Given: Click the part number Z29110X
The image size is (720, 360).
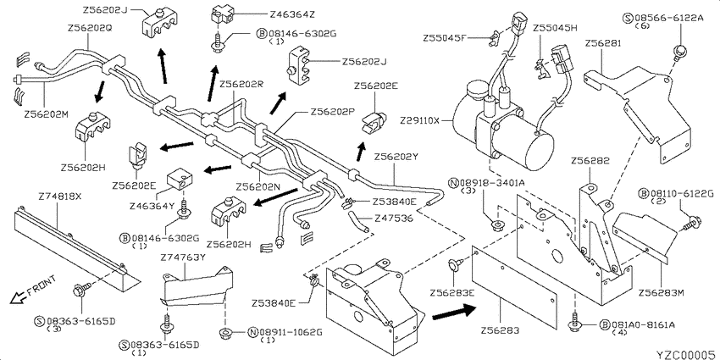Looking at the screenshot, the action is tap(419, 121).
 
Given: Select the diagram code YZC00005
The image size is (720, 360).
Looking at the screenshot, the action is tap(686, 354).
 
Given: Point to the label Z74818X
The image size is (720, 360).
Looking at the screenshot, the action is tap(60, 196).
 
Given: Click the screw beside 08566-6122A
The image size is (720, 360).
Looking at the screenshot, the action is tap(678, 50).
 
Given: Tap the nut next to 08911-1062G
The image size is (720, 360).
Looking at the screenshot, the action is tap(225, 332).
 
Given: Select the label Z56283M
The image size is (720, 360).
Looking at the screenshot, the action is tap(659, 292).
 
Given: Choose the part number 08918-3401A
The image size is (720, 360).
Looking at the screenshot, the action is tap(492, 184).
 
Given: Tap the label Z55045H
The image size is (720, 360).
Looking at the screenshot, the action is tap(555, 28).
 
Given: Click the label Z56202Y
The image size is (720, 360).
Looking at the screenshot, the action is tap(396, 157).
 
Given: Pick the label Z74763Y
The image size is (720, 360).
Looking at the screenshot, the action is tap(182, 258).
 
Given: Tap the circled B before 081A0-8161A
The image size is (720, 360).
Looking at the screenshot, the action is tap(605, 324).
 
